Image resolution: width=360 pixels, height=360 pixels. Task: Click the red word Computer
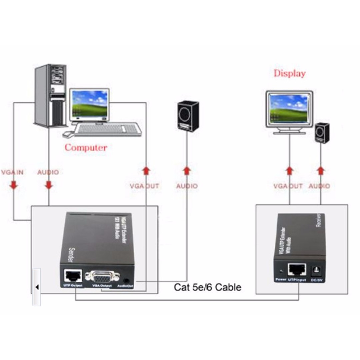pyautogui.click(x=86, y=148)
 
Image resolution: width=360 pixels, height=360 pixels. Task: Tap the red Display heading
pyautogui.click(x=289, y=73)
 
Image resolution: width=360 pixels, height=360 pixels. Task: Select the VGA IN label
pyautogui.click(x=12, y=172)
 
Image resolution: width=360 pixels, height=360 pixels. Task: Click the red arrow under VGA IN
pyautogui.click(x=14, y=185)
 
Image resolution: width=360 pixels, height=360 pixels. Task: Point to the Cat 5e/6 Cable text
pyautogui.click(x=207, y=287)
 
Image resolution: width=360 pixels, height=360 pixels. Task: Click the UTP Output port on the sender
pyautogui.click(x=73, y=275)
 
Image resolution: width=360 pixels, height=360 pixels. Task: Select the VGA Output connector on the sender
pyautogui.click(x=102, y=276)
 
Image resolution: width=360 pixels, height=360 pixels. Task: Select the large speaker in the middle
pyautogui.click(x=188, y=116)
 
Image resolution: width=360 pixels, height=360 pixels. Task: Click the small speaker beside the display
pyautogui.click(x=322, y=133)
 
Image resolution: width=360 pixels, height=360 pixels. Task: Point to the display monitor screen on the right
pyautogui.click(x=289, y=108)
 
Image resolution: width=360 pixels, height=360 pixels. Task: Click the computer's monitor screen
pyautogui.click(x=90, y=103)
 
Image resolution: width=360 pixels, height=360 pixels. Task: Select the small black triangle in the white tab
pyautogui.click(x=37, y=287)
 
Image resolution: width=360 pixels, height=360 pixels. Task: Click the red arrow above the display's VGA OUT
pyautogui.click(x=289, y=171)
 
